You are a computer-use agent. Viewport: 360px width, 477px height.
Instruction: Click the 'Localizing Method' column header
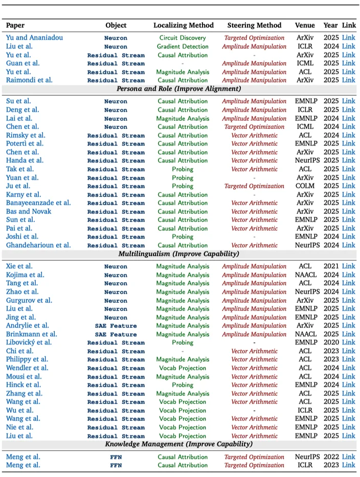183,25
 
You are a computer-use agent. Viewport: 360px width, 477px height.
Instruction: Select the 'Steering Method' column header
254,25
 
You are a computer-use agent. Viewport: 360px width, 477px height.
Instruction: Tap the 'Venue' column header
305,25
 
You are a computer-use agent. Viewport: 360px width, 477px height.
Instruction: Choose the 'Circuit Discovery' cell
183,38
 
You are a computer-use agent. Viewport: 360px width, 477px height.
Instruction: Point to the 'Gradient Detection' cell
183,47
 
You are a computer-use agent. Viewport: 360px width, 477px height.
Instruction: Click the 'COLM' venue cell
305,186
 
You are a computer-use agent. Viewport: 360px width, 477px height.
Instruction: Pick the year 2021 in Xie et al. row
330,266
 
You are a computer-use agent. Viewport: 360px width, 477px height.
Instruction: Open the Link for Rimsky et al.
348,135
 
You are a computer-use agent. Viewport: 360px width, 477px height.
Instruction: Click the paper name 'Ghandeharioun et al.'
38,245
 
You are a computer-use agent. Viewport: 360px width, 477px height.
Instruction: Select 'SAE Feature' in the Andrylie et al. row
116,326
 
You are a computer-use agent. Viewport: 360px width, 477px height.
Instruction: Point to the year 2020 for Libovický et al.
330,343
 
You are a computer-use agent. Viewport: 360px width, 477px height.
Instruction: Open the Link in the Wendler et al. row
348,368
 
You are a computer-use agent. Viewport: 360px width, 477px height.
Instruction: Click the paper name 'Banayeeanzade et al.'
38,203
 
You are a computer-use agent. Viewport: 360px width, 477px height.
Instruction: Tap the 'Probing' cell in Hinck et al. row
183,385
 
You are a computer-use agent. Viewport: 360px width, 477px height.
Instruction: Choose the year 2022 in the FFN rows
330,457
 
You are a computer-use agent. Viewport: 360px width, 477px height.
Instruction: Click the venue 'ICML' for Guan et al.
305,63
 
